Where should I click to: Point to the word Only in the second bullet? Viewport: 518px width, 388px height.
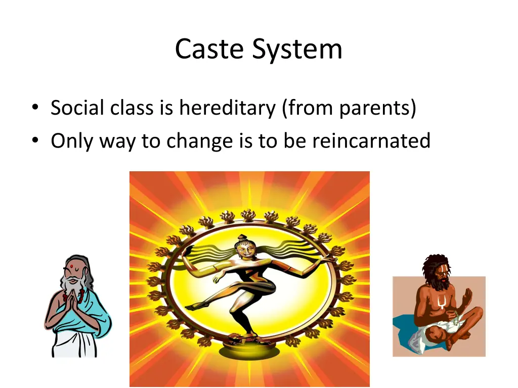[71, 140]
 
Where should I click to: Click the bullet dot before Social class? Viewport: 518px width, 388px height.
[34, 109]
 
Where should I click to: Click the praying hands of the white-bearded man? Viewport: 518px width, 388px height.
[71, 303]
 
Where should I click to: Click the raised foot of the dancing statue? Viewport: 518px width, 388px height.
[192, 306]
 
